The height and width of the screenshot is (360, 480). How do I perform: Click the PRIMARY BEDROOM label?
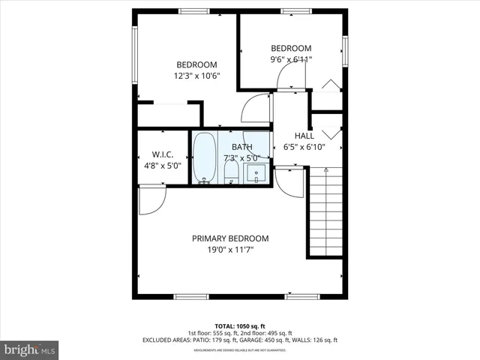[x=230, y=238]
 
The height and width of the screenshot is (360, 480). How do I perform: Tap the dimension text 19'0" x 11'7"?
[x=230, y=250]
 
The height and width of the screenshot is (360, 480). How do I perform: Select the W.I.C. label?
[x=163, y=154]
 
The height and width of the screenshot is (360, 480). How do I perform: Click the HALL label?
[x=304, y=136]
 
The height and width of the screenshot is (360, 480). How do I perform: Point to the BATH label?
[x=241, y=147]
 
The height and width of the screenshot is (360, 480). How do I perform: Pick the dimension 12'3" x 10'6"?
[x=196, y=76]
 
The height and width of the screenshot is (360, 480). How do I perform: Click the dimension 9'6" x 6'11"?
[x=291, y=59]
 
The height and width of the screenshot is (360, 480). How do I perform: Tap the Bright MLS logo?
[x=30, y=349]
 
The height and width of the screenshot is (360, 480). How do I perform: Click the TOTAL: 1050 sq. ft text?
[x=240, y=325]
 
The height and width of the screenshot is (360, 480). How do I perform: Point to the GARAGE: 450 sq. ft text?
[x=279, y=340]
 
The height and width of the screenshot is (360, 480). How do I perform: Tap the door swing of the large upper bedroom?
[x=256, y=109]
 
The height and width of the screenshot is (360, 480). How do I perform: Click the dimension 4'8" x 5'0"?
[x=163, y=166]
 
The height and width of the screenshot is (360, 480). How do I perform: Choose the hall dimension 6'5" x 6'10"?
[x=304, y=147]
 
